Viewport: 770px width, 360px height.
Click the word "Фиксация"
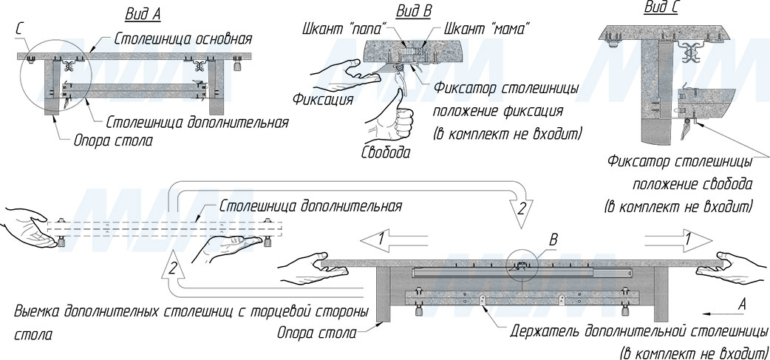coord(322,98)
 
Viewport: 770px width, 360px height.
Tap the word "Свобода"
coord(385,152)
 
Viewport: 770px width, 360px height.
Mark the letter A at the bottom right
coord(743,303)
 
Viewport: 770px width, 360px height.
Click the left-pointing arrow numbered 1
coord(392,240)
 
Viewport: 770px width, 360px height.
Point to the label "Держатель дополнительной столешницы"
coord(640,330)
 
